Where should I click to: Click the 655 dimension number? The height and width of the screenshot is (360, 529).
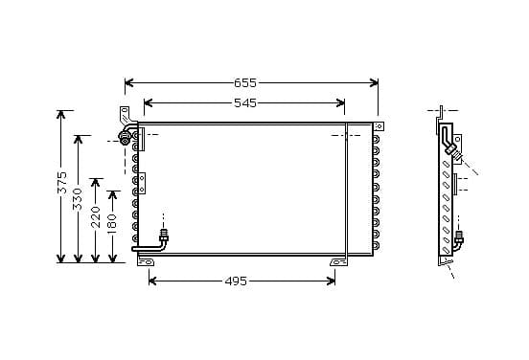coord(245,83)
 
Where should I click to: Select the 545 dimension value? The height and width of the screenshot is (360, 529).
coord(245,103)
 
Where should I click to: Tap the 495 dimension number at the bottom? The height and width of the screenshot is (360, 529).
coord(236,281)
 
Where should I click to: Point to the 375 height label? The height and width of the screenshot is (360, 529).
coord(62,183)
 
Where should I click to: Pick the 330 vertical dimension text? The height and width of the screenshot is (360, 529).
coord(78,199)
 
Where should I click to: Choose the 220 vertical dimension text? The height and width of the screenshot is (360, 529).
coord(96,217)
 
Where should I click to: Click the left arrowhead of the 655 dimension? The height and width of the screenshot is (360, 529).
coord(128,83)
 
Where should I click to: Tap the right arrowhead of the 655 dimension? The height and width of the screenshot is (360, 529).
coord(374,83)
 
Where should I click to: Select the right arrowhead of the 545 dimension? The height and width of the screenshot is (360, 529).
coord(340,103)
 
